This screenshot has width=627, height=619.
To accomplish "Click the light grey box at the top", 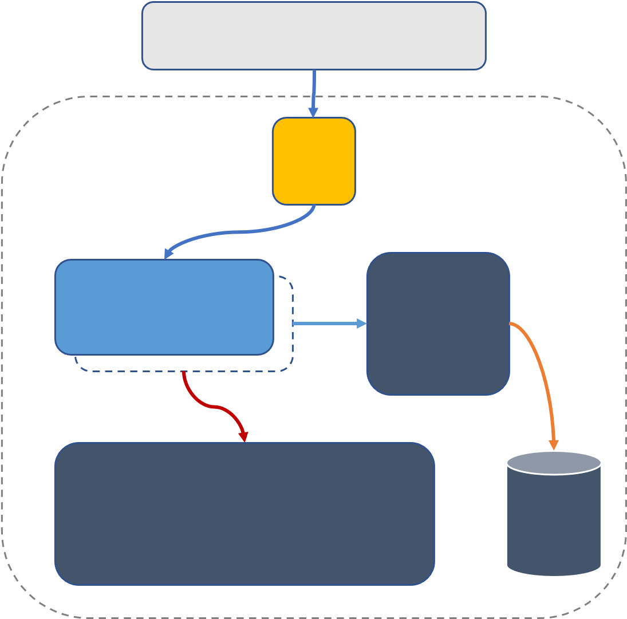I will [314, 36].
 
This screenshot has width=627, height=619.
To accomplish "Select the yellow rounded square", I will [314, 161].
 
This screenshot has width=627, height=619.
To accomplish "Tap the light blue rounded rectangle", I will [164, 307].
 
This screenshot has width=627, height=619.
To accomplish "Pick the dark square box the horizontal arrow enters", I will [438, 324].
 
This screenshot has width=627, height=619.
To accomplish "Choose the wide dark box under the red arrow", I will [245, 514].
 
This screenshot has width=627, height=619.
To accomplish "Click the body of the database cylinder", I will [554, 521].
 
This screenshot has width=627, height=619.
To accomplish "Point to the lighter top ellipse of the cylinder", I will [554, 463].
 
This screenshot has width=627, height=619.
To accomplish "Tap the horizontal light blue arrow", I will [326, 324].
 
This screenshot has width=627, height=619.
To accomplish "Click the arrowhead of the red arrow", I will [244, 436].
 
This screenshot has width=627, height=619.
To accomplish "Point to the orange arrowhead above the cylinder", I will [554, 445].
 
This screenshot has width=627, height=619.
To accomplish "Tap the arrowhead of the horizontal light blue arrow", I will [362, 324].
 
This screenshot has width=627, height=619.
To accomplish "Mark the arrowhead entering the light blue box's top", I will [168, 254].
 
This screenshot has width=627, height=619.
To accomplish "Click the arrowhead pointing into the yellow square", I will [313, 112].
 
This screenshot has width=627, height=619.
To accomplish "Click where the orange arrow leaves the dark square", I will [511, 324].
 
